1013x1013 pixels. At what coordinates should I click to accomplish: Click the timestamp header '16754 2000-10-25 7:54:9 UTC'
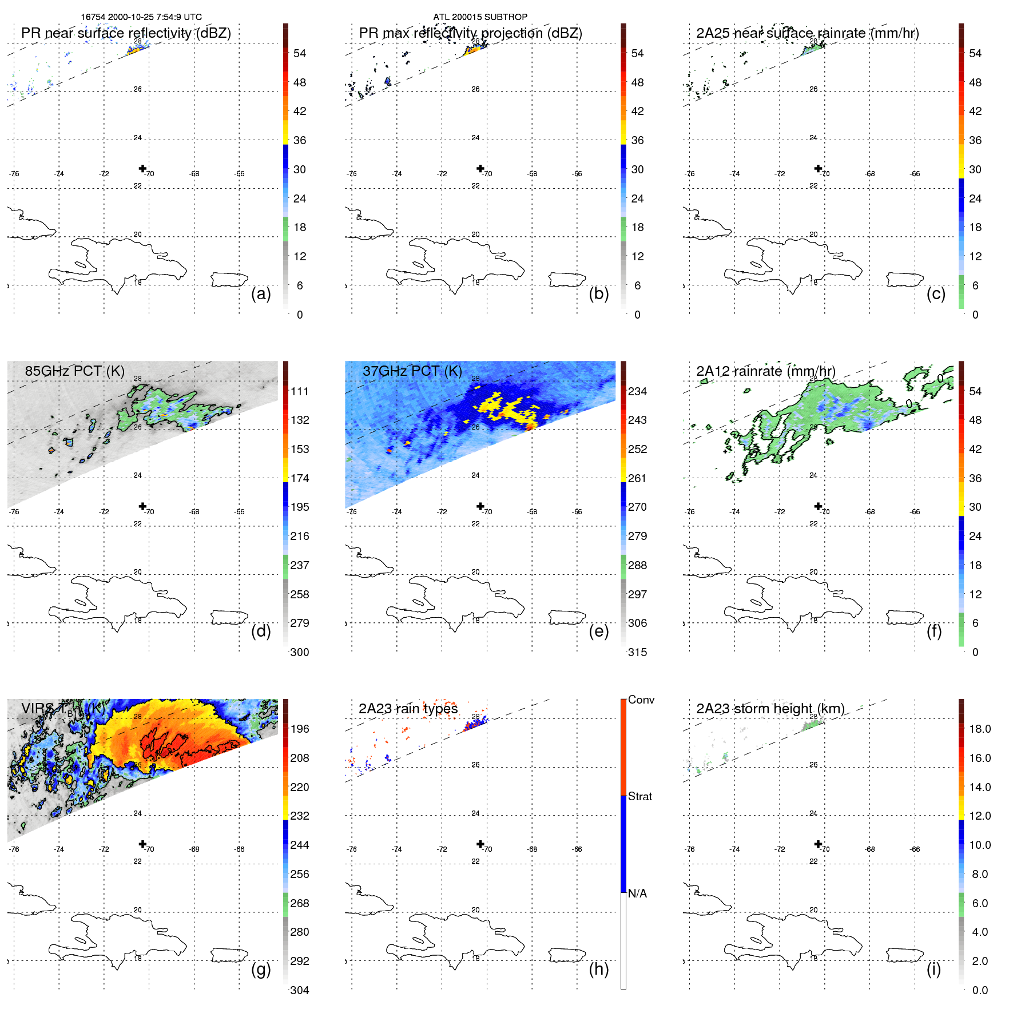[141, 17]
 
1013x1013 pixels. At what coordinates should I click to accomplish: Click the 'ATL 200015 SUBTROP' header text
[480, 17]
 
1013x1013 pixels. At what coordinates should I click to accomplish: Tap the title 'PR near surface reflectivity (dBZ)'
[126, 33]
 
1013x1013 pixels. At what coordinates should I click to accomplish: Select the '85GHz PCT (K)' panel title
[74, 371]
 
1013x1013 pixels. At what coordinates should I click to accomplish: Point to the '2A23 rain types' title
[408, 709]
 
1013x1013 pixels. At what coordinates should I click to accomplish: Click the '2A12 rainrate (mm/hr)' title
[765, 371]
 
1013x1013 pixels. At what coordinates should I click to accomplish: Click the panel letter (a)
[261, 293]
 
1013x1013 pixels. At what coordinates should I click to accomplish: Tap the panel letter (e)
[598, 631]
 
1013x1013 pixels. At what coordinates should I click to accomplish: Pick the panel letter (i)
[933, 968]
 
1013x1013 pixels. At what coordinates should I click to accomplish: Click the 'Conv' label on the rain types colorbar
[641, 700]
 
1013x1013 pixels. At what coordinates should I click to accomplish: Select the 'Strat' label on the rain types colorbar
[639, 796]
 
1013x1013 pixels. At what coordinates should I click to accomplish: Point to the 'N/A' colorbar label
[637, 893]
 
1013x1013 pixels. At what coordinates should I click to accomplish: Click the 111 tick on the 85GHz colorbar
[300, 391]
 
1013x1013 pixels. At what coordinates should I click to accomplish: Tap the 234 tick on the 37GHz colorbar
[637, 391]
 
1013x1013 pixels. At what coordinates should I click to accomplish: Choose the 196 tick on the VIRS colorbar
[300, 729]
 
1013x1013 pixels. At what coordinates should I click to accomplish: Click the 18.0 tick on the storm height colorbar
[979, 729]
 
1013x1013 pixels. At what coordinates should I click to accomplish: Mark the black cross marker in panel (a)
[142, 168]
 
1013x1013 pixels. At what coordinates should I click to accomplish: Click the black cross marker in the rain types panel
[480, 844]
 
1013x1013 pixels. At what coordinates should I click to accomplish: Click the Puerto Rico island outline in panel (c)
[905, 280]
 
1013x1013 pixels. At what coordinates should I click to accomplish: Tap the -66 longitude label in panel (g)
[239, 849]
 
